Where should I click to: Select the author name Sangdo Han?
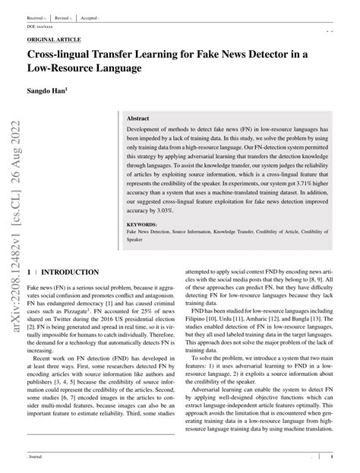[46, 90]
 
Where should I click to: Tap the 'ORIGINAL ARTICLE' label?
[54, 39]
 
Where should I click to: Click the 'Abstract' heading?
[138, 119]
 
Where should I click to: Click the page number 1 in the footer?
[333, 459]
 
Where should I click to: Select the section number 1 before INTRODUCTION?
[29, 272]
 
